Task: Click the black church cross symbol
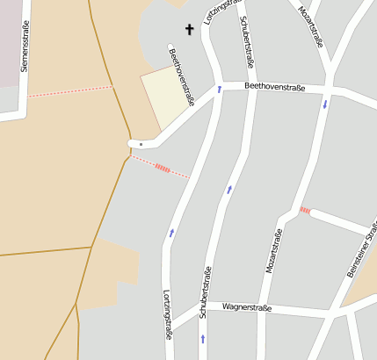coord(188,30)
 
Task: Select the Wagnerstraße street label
coord(247,307)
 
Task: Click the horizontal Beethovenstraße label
coord(274,86)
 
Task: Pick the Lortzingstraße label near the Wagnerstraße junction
coord(167,313)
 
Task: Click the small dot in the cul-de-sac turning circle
coord(141,143)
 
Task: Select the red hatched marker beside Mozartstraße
coord(305,210)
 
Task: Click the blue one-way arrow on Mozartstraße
coord(325,104)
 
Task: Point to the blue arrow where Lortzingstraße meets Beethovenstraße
coord(219,89)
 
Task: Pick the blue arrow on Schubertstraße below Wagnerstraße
coord(203,337)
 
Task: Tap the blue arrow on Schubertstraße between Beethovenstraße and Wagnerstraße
coord(229,189)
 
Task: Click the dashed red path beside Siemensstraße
coord(70,90)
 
